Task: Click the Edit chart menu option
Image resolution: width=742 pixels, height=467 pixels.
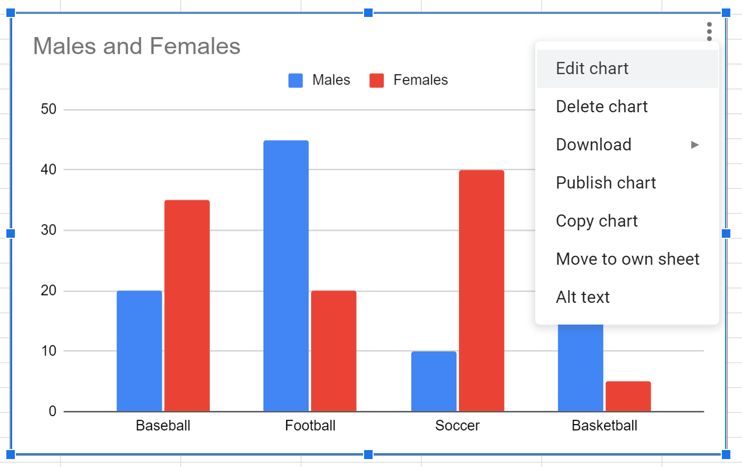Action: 592,69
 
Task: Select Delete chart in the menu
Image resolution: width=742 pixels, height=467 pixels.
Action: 602,107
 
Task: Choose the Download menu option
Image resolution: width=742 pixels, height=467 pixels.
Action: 594,145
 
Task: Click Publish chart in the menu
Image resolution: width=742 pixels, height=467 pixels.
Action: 606,183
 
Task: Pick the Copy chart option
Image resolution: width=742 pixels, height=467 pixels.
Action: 597,221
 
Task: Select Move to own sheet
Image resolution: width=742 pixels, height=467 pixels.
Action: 628,259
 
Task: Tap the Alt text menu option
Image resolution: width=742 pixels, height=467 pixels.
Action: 582,298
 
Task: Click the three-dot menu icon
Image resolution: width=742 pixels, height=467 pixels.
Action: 709,31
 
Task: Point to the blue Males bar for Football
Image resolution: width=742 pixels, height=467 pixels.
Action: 286,276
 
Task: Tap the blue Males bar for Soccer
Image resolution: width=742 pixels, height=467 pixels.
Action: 434,381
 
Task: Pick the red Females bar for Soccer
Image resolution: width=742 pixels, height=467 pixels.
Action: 482,291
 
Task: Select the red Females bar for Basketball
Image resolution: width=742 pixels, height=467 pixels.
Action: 628,396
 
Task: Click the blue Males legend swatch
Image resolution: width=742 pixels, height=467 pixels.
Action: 296,80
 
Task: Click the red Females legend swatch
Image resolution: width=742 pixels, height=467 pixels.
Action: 377,80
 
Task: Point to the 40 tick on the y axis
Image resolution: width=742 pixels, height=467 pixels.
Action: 49,170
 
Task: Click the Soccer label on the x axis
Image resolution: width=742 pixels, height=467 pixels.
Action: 457,426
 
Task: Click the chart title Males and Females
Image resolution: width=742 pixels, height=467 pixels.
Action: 137,47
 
